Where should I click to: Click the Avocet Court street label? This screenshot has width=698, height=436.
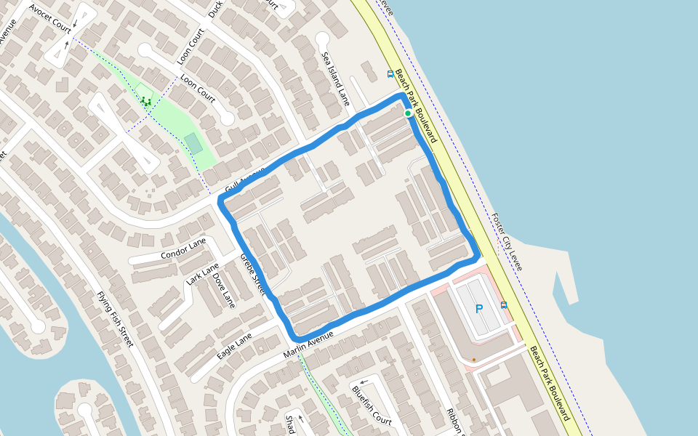50,19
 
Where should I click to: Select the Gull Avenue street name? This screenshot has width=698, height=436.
245,179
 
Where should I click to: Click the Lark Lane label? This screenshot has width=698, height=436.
202,274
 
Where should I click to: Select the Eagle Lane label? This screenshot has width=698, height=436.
234,346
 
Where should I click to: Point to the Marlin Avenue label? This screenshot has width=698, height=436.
308,344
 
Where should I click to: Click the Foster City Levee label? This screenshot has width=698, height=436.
507,241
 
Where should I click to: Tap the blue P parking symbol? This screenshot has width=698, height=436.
479,309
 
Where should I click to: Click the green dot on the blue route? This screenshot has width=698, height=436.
408,113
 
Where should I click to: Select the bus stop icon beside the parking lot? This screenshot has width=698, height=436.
504,305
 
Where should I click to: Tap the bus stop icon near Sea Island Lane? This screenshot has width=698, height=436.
390,73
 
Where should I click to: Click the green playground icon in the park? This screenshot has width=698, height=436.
146,101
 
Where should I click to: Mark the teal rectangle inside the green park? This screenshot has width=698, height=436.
193,143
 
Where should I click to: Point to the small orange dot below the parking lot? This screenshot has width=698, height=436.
473,359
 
